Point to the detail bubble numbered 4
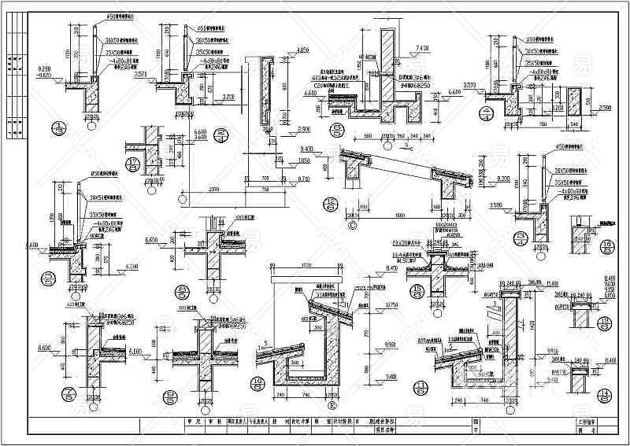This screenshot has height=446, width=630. tap(520, 238)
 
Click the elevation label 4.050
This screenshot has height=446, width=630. tap(284, 50)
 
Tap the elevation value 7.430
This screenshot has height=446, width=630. tap(419, 48)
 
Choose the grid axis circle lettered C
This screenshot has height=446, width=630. tap(350, 223)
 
